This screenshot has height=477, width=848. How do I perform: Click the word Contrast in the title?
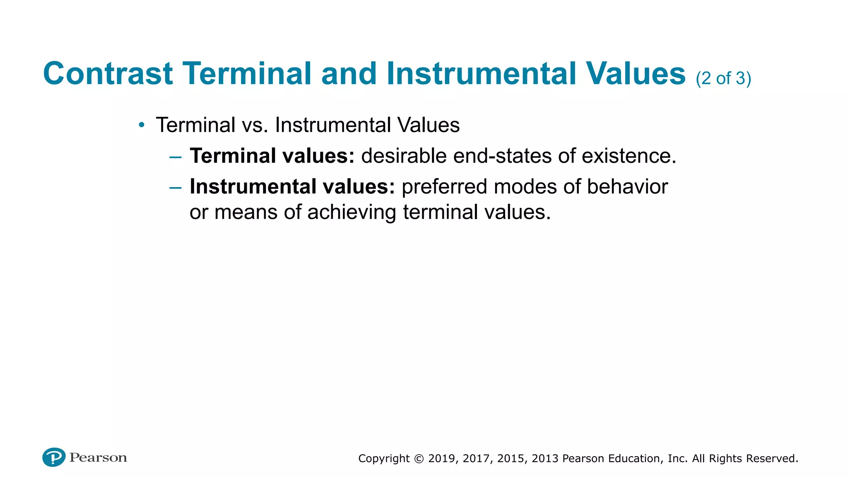108,74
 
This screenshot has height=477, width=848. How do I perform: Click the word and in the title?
349,74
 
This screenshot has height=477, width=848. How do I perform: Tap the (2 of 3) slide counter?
723,78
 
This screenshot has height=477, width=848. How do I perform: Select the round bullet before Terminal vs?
142,125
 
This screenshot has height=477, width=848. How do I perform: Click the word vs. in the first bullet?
255,125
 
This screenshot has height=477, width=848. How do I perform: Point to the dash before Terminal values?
176,157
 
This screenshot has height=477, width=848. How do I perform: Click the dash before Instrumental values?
176,188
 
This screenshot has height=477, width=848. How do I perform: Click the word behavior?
627,187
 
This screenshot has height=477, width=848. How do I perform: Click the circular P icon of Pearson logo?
54,457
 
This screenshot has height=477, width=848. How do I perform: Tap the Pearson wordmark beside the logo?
98,458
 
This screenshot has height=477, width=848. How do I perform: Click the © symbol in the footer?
419,459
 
